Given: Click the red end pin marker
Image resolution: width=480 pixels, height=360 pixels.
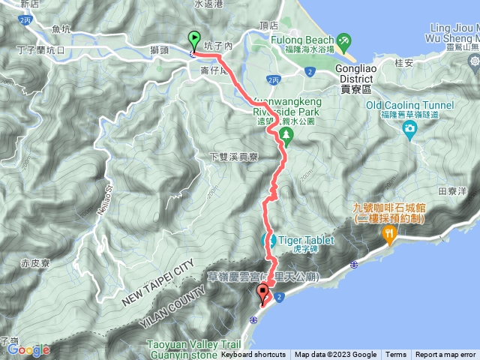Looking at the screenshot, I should [x=262, y=292].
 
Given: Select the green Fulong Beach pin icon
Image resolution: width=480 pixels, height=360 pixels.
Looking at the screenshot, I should [x=343, y=39].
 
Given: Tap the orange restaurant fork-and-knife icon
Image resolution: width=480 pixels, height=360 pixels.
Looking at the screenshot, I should [x=389, y=235].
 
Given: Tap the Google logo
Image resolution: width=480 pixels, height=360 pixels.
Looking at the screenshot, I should [x=28, y=349].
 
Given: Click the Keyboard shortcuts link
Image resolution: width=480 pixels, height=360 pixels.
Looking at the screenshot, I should [x=253, y=355].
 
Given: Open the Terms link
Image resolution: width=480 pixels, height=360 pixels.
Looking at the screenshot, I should [x=396, y=355].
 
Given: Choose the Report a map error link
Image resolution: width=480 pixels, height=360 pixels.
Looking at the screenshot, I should [x=445, y=355].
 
